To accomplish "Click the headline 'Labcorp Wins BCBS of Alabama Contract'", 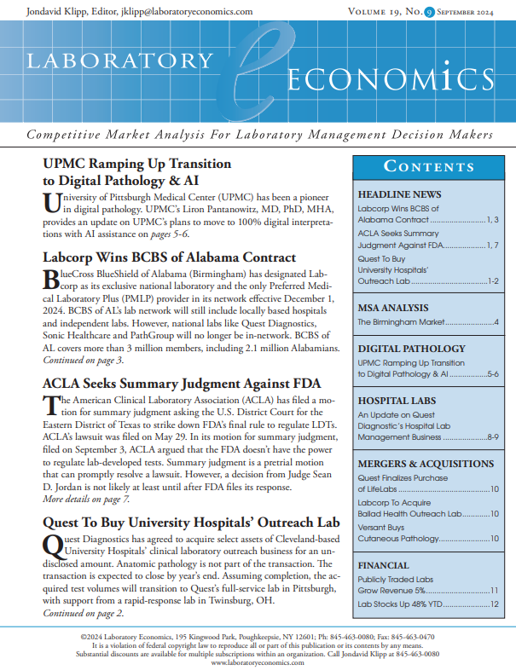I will point(169,257).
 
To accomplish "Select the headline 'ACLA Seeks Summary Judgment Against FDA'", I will point(183,384).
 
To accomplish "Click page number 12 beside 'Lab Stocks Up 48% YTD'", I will point(494,604).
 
